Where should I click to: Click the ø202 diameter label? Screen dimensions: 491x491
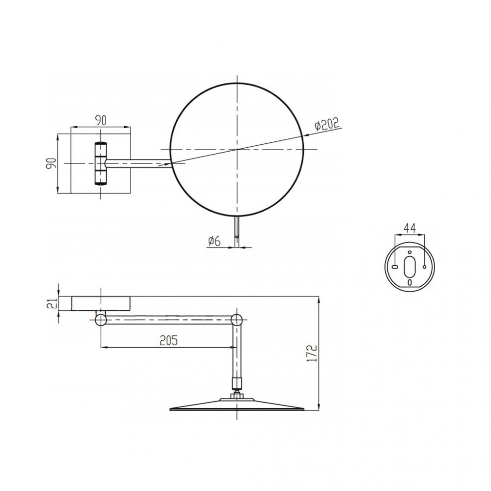(327, 124)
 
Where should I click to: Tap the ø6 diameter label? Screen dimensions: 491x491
(215, 241)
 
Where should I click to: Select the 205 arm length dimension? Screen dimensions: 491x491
(168, 340)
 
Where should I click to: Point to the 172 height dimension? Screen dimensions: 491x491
(312, 353)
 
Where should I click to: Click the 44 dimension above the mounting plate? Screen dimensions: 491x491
(409, 228)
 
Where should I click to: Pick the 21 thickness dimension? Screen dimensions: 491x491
(54, 303)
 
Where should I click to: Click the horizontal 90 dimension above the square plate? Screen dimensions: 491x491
(101, 121)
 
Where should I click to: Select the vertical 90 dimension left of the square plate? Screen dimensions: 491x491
(52, 164)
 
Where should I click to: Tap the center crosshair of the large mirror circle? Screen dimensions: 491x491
(237, 150)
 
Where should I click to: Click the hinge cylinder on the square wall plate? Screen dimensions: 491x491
(101, 164)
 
